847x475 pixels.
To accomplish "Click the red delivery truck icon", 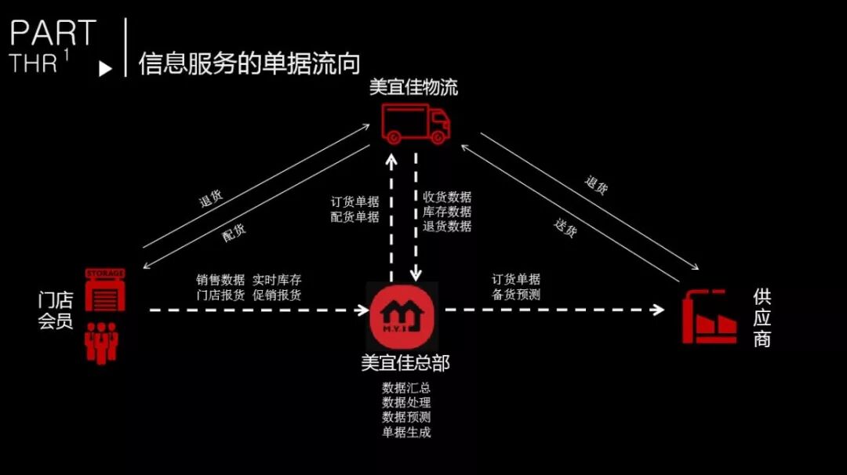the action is (x=416, y=123).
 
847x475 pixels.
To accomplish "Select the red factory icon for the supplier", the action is (x=709, y=317).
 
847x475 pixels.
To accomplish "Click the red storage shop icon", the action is (x=105, y=289).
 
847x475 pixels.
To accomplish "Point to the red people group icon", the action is (x=101, y=342).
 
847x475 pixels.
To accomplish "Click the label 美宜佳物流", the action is (x=413, y=86).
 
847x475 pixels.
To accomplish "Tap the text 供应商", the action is (x=762, y=317).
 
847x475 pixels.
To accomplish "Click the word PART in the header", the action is (x=53, y=34).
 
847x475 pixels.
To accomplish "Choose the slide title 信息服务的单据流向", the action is (x=249, y=63).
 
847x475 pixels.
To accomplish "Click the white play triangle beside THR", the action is (x=105, y=69).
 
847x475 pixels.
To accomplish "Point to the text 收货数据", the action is (x=447, y=198).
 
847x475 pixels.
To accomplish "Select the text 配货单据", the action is (x=354, y=216).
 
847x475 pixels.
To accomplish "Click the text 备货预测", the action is (x=515, y=295).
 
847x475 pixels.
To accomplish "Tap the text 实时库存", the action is (x=277, y=280).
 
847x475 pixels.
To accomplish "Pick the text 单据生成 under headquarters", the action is (x=406, y=432).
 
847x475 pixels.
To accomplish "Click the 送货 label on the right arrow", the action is (x=565, y=228).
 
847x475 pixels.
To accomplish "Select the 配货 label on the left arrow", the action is (x=234, y=231).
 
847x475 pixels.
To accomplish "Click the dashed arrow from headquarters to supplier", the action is (x=553, y=310).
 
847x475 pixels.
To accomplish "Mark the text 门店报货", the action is (x=220, y=296).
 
